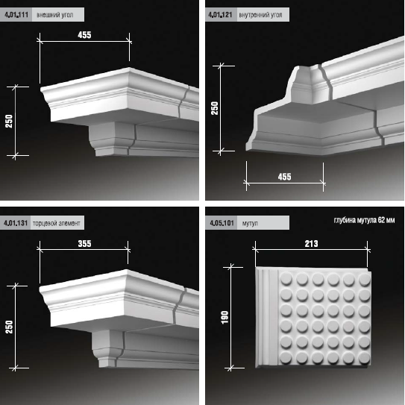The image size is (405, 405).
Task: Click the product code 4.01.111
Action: [16, 15]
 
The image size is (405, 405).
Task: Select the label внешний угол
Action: [55, 15]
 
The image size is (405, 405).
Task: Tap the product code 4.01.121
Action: [220, 15]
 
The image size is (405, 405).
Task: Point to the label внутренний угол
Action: [260, 15]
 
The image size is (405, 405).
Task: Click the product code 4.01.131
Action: [16, 223]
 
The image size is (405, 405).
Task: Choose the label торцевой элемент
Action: [57, 223]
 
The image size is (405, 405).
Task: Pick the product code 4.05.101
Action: [222, 223]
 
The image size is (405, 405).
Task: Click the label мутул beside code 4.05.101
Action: [250, 224]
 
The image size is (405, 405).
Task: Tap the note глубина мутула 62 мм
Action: [364, 220]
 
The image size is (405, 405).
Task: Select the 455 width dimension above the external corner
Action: [84, 35]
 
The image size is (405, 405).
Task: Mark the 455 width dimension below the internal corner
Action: [285, 177]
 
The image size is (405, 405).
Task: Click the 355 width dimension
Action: [84, 244]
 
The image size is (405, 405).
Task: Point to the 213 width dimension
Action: [311, 244]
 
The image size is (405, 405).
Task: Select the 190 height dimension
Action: [225, 318]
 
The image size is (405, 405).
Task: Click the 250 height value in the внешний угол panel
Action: [9, 121]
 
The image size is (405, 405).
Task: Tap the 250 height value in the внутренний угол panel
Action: [215, 108]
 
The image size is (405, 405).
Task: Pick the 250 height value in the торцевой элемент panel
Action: [9, 327]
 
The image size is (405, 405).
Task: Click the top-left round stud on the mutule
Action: [286, 279]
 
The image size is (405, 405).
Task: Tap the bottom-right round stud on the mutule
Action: [364, 357]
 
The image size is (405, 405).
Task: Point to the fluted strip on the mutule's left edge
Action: [267, 317]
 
